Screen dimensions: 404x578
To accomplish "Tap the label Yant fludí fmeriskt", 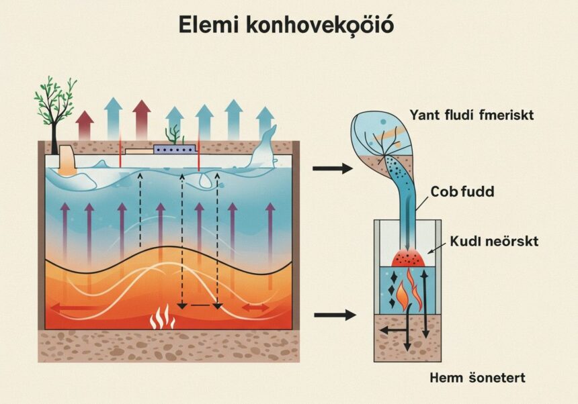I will (471, 115).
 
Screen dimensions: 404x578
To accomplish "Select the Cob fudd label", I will (463, 192).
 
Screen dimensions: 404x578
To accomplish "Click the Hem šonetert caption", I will (477, 378).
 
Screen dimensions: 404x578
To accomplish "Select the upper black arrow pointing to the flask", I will (332, 168).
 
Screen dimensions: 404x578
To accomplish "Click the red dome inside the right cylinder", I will (407, 258).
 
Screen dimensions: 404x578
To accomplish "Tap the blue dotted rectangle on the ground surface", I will (174, 149).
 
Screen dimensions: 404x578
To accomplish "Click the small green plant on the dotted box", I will (173, 134).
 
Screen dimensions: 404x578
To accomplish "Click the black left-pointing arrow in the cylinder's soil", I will (390, 329).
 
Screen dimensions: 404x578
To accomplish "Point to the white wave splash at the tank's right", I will (265, 150).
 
